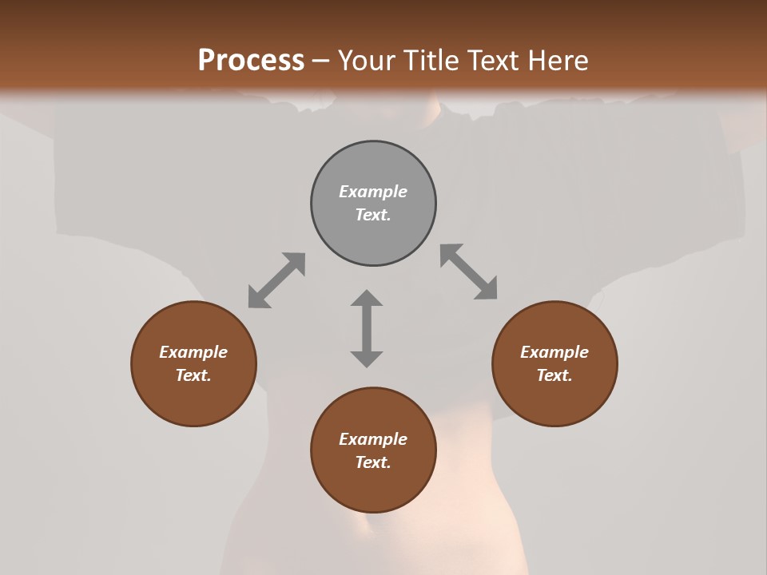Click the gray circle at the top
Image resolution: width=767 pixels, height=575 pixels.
[x=373, y=204]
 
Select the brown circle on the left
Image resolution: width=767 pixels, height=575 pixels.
[x=193, y=363]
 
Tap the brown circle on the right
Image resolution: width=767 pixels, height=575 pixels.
[x=554, y=363]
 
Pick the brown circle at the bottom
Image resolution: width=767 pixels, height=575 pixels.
[x=373, y=450]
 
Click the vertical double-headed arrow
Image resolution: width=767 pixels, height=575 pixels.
[x=367, y=328]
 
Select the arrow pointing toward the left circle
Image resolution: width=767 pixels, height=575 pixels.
[x=276, y=280]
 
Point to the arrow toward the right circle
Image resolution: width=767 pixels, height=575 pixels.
[x=468, y=272]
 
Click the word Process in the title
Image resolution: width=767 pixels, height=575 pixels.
[x=251, y=61]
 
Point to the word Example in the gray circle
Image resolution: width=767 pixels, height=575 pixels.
[x=373, y=192]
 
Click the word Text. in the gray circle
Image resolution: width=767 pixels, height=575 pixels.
[x=373, y=215]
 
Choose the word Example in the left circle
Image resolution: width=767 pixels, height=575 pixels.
[x=193, y=352]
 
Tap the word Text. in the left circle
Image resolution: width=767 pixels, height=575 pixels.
[x=193, y=375]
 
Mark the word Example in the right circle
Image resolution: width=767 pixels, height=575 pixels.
[x=554, y=352]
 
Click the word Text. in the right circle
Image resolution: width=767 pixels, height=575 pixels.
[x=554, y=375]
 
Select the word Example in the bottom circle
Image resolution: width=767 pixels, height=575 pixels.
[x=373, y=439]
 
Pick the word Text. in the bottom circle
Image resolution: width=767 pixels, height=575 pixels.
[x=373, y=462]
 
